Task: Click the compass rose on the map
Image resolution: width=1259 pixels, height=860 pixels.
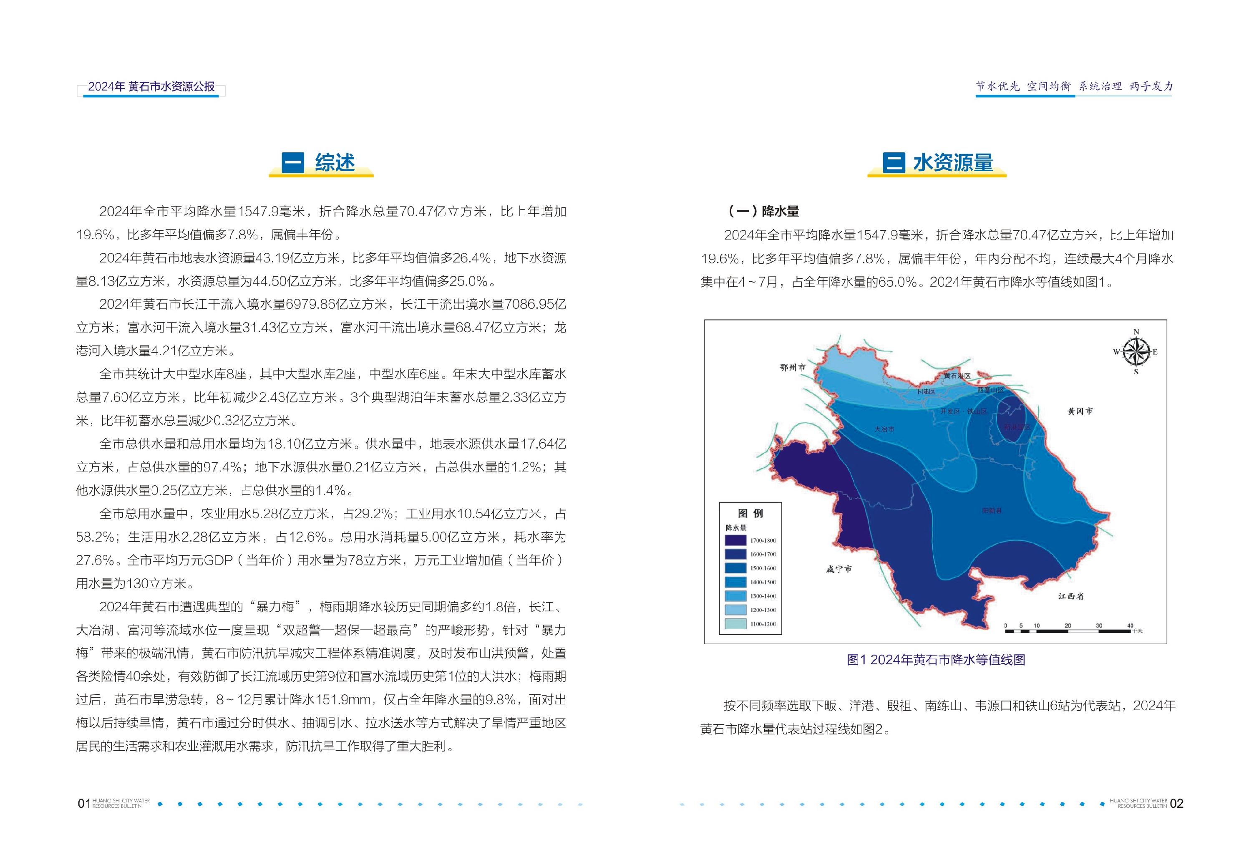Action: [x=1136, y=352]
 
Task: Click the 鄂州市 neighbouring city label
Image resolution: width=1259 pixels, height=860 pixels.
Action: [x=793, y=368]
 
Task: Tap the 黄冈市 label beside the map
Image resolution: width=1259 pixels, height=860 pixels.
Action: [x=1080, y=411]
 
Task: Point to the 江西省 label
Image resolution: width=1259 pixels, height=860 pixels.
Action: [x=1071, y=596]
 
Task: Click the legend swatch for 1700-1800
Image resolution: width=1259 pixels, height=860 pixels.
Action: [x=735, y=540]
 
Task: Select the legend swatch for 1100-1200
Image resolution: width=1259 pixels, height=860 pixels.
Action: [x=735, y=624]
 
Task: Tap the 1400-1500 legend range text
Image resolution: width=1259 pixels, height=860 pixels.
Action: [x=763, y=582]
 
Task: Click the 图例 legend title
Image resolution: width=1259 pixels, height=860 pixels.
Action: [x=750, y=513]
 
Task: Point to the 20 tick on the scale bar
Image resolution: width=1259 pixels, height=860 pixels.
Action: [x=1067, y=626]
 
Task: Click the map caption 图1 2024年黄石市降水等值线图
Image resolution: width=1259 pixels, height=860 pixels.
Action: [x=936, y=659]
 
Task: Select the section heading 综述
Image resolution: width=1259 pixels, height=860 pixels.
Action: [x=335, y=163]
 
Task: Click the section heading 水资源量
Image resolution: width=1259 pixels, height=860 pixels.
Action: [x=953, y=163]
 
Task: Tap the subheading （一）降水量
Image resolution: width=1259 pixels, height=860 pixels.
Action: [x=764, y=211]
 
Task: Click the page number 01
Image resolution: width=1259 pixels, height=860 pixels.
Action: [x=83, y=803]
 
